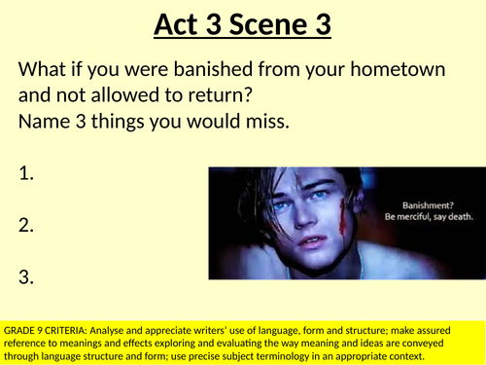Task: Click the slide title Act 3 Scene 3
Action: point(242,23)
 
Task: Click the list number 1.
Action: point(26,174)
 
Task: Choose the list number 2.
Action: point(26,226)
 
